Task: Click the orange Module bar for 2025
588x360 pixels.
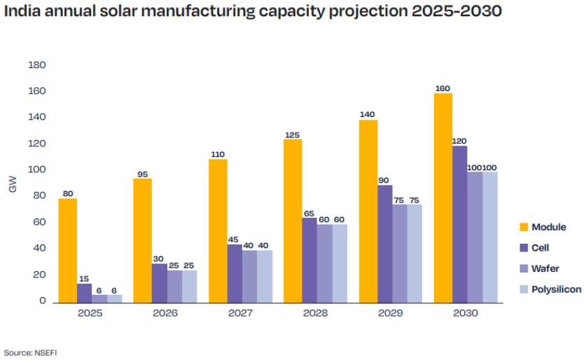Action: [68, 250]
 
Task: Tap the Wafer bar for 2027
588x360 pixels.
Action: [248, 277]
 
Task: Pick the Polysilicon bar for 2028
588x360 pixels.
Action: [339, 263]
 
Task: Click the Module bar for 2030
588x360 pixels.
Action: [443, 198]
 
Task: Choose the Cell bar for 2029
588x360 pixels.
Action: [384, 244]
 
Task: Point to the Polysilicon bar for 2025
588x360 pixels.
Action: [114, 298]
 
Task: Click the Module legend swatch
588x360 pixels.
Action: [523, 227]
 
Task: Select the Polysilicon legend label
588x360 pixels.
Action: [556, 289]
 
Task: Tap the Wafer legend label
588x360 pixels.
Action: [545, 268]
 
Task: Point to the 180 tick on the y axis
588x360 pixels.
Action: [37, 65]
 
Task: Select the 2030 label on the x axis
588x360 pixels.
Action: [465, 313]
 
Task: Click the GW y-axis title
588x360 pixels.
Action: [13, 185]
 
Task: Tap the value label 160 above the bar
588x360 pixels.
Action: [442, 88]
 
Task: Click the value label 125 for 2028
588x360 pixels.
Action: [292, 134]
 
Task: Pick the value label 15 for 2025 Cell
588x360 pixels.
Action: [85, 279]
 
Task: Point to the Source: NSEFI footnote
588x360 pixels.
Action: [29, 352]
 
